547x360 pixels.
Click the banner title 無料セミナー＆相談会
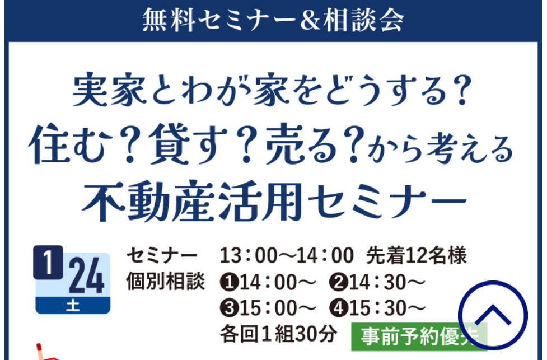(273, 20)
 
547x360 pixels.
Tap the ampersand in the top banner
(310, 20)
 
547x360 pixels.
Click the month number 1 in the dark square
(48, 263)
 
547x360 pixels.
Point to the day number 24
(87, 276)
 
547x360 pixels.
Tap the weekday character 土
(73, 306)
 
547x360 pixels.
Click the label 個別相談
(165, 281)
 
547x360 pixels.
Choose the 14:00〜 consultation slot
(268, 282)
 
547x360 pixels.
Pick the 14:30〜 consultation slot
(377, 282)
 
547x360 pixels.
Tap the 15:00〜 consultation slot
(268, 308)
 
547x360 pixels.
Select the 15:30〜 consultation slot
(377, 308)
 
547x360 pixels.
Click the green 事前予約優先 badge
(419, 336)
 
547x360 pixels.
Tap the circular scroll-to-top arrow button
(493, 315)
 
